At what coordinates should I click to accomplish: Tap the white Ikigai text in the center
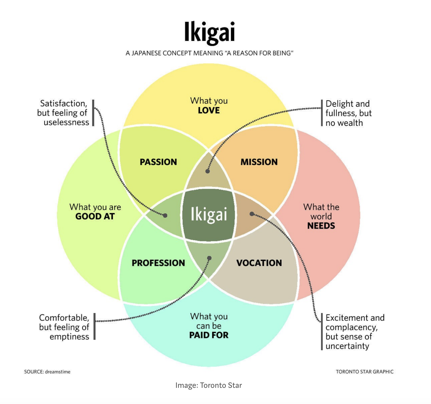pyautogui.click(x=209, y=214)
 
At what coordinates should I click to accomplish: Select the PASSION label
pyautogui.click(x=158, y=162)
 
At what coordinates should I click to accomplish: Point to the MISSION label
pyautogui.click(x=259, y=162)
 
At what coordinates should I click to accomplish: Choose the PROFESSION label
pyautogui.click(x=158, y=263)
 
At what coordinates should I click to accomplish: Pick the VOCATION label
pyautogui.click(x=259, y=263)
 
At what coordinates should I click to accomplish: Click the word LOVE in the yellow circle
pyautogui.click(x=209, y=110)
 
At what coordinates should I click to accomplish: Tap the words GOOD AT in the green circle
pyautogui.click(x=95, y=216)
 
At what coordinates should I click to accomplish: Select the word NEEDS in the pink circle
pyautogui.click(x=321, y=226)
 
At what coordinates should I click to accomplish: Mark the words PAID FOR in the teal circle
pyautogui.click(x=209, y=335)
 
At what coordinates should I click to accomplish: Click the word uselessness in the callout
pyautogui.click(x=66, y=122)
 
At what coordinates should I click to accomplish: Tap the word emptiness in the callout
pyautogui.click(x=69, y=337)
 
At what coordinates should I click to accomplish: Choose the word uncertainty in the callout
pyautogui.click(x=347, y=346)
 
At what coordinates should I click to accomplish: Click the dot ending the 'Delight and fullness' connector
pyautogui.click(x=207, y=171)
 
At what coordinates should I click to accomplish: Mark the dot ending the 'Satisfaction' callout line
pyautogui.click(x=165, y=215)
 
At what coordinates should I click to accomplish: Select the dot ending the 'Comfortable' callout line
pyautogui.click(x=209, y=258)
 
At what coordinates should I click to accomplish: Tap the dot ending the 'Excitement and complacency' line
pyautogui.click(x=252, y=214)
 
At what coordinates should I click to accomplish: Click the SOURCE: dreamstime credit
pyautogui.click(x=47, y=372)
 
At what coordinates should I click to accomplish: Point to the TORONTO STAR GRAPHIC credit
pyautogui.click(x=365, y=372)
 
